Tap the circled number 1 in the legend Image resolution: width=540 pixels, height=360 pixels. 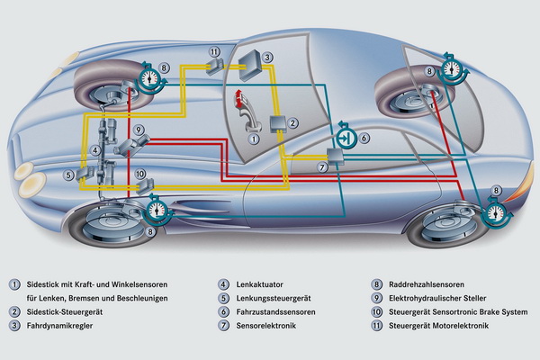(x=14, y=283)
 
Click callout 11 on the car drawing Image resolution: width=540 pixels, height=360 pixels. (x=212, y=52)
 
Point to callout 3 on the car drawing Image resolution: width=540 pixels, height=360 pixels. (x=268, y=57)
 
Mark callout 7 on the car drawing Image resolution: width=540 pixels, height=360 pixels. (x=321, y=167)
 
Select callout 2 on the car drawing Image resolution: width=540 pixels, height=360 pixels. (x=292, y=121)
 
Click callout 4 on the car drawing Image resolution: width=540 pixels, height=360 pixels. (x=95, y=149)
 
